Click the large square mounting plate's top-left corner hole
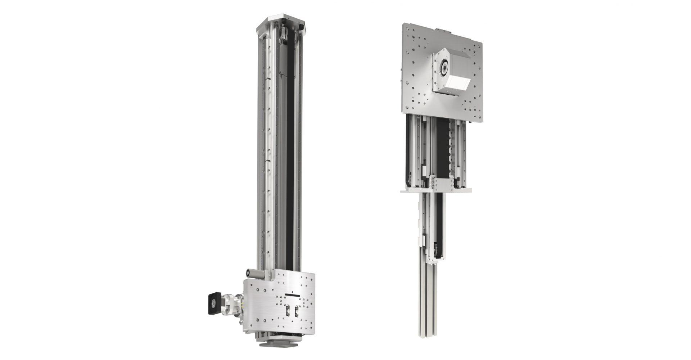pos(406,26)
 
